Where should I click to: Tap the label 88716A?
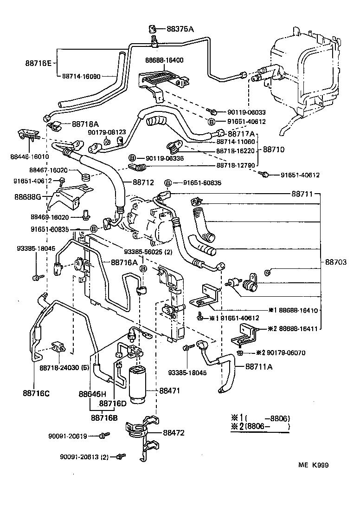124,262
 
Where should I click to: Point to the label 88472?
174,433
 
